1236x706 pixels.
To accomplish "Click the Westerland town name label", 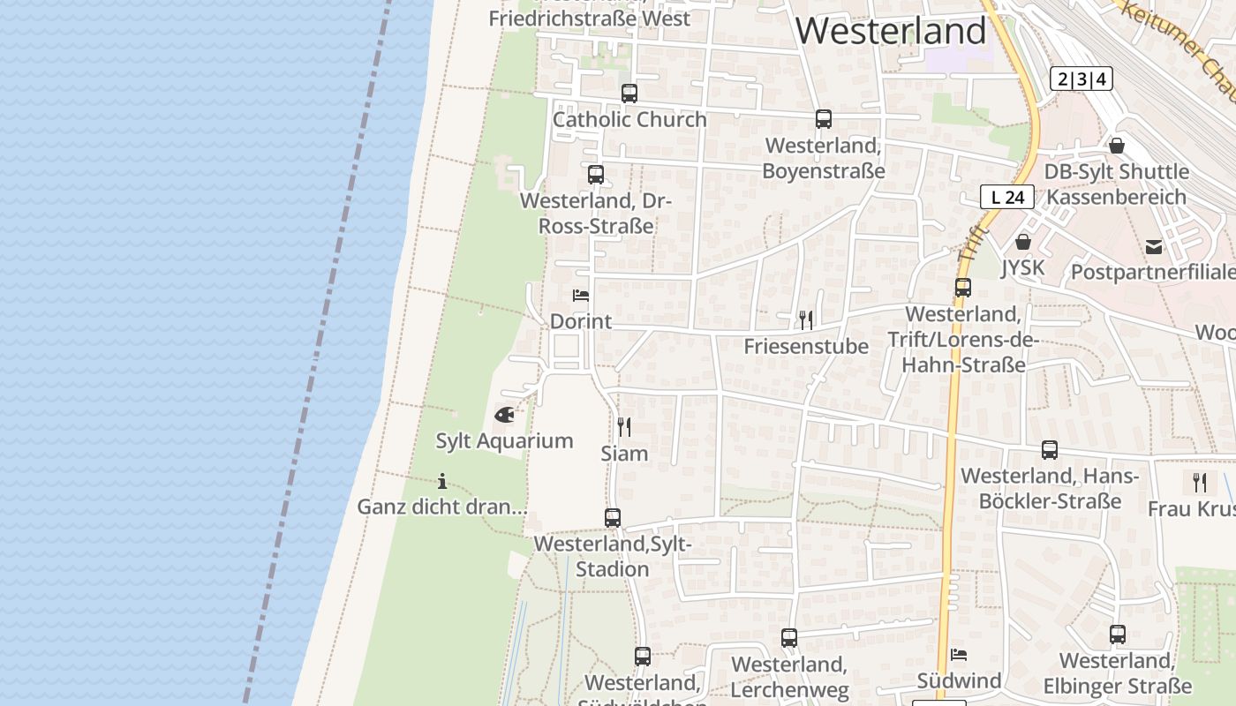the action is [890, 31].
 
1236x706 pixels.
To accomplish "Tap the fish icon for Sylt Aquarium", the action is [504, 414].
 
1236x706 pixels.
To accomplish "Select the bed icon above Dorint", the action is [580, 295].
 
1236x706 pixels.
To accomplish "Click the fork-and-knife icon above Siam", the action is [624, 427].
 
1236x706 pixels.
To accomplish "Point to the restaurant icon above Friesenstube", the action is [805, 319].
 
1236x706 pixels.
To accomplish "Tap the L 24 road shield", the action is [1006, 197].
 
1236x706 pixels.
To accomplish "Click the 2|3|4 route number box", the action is [1081, 79].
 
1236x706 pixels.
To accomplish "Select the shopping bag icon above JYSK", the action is [1023, 241].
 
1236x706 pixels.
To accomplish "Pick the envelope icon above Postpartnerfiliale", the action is [1153, 246].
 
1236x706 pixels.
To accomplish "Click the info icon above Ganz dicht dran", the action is [442, 481].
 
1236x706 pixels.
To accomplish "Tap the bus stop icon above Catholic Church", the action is [629, 94].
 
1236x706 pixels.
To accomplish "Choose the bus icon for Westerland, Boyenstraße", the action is [824, 119].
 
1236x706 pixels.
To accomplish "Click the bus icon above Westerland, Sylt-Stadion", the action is [613, 518].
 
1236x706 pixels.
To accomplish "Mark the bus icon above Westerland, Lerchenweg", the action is [789, 637].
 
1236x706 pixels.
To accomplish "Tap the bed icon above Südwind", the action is [959, 655].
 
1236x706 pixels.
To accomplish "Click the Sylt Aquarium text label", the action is [504, 440].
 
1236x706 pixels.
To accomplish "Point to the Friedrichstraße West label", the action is [589, 18].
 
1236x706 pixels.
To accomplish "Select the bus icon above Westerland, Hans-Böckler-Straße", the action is [1050, 450].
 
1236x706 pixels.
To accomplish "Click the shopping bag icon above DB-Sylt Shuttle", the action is [1117, 146].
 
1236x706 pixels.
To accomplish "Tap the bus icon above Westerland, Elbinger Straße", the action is [1118, 634].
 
